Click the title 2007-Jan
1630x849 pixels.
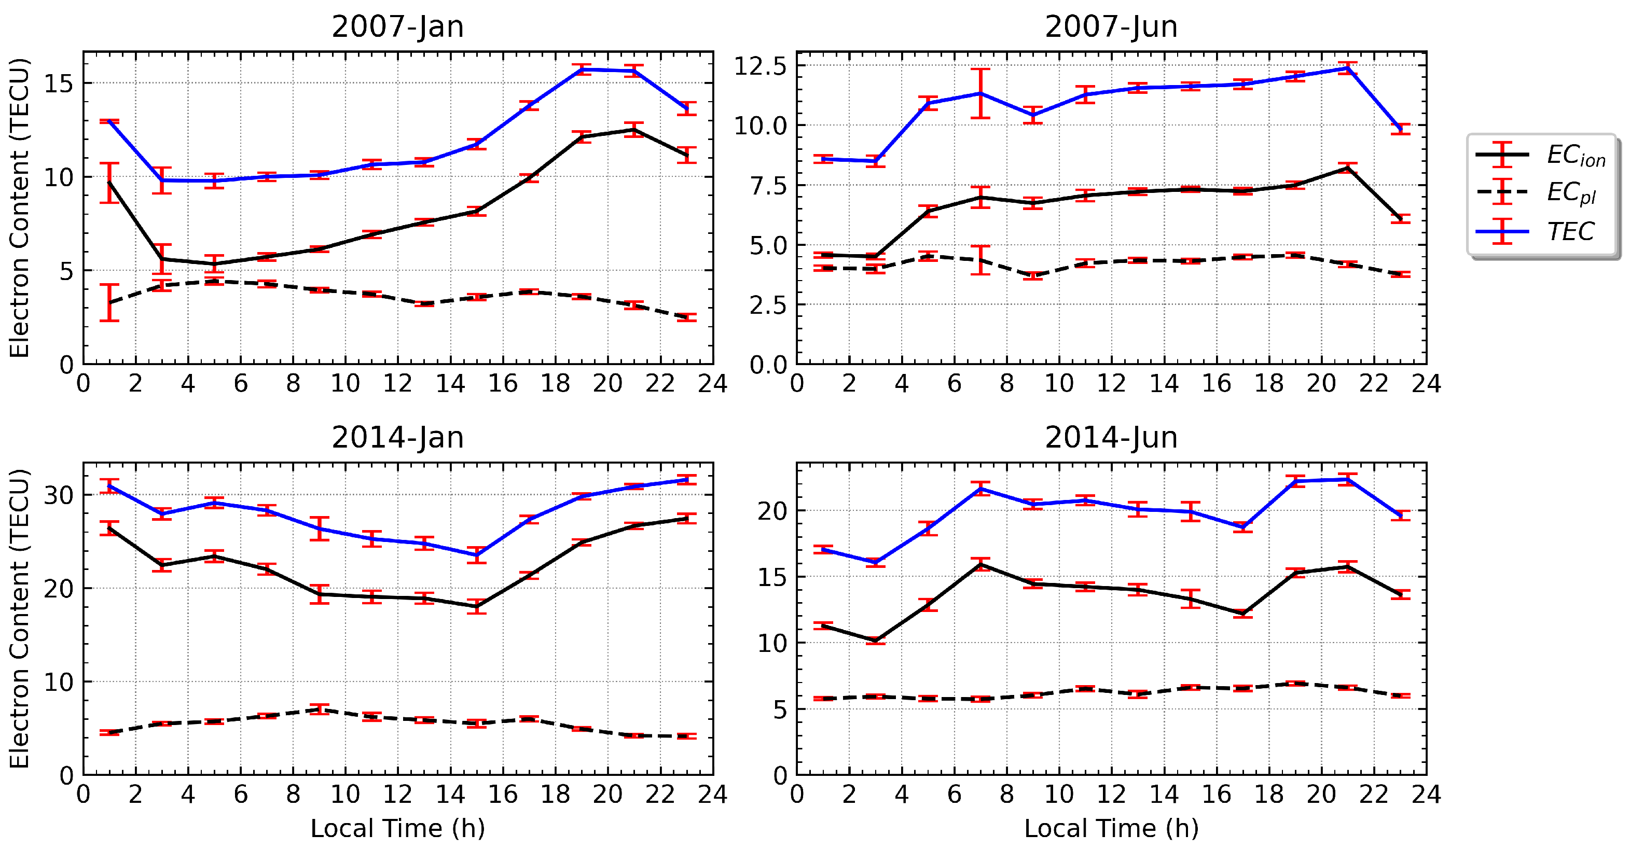coord(397,26)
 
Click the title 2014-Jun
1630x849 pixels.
coord(1111,438)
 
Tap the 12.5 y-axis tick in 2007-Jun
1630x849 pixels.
coord(759,66)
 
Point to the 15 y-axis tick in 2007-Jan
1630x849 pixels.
coord(58,83)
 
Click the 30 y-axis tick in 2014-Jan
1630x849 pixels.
coord(58,495)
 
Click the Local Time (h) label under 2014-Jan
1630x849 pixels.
coord(397,828)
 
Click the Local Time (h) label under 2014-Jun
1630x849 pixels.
coord(1111,828)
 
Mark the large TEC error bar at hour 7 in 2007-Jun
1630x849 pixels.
coord(980,94)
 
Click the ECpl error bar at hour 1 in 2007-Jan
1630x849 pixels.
coord(109,302)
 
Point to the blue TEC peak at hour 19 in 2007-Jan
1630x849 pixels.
coord(582,69)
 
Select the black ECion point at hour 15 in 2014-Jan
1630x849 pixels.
coord(476,607)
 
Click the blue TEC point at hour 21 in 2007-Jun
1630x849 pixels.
coord(1347,68)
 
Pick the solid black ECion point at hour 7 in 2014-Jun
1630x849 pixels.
coord(980,564)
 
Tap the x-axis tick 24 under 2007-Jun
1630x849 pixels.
coord(1426,384)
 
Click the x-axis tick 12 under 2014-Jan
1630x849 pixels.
coord(397,795)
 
